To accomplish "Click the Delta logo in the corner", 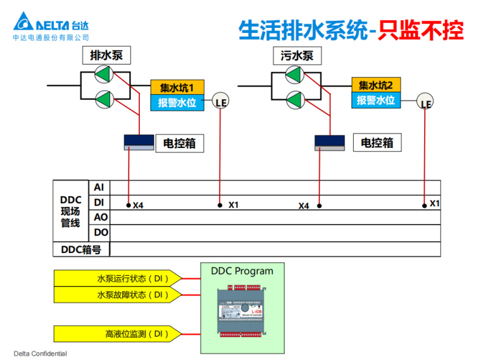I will (x=51, y=24).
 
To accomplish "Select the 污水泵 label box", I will (x=297, y=56).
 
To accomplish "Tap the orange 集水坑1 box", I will (x=177, y=87).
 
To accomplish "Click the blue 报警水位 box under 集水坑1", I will (x=177, y=102).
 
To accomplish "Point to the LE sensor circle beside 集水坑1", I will (x=220, y=102).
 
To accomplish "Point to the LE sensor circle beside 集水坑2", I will (x=426, y=103).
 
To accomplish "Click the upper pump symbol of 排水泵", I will (x=103, y=75).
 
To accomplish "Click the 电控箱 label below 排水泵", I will (x=180, y=144).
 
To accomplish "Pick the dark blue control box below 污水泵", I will (x=329, y=143).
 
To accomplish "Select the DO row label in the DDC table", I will (x=101, y=232).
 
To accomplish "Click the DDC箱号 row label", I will (x=81, y=249).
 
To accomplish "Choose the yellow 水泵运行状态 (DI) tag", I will (x=118, y=278).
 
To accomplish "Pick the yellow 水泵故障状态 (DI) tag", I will (x=118, y=295).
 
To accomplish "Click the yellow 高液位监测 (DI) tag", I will (x=118, y=333).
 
